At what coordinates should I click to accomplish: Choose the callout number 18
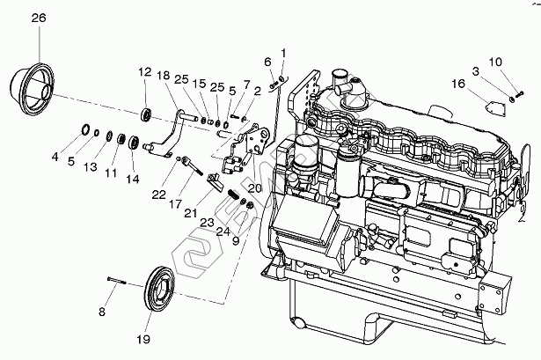(163, 76)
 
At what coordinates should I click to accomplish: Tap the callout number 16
(457, 84)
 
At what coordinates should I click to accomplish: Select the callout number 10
(495, 62)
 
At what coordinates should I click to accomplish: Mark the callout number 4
(55, 158)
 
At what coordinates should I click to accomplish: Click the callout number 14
(132, 178)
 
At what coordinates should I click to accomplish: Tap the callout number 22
(157, 194)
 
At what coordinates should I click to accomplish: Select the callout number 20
(255, 187)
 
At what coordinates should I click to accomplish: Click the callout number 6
(267, 61)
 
